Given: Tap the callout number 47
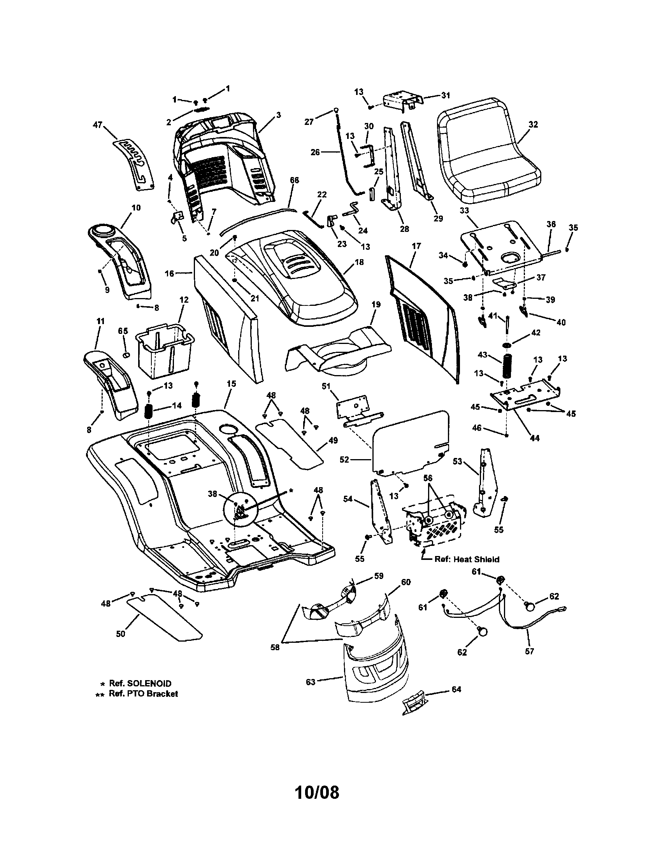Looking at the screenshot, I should tap(97, 125).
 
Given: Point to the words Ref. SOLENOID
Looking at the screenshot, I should tap(140, 684).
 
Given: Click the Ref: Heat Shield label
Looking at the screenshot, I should tap(466, 559).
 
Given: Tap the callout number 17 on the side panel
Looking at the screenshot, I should tap(416, 246).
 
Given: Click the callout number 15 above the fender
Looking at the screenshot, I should tap(232, 383).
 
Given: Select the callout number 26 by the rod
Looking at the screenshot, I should tap(315, 152).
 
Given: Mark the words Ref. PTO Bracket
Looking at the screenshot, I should tap(143, 694).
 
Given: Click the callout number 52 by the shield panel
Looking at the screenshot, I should tap(344, 460).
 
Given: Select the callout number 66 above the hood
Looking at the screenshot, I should tap(294, 180).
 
